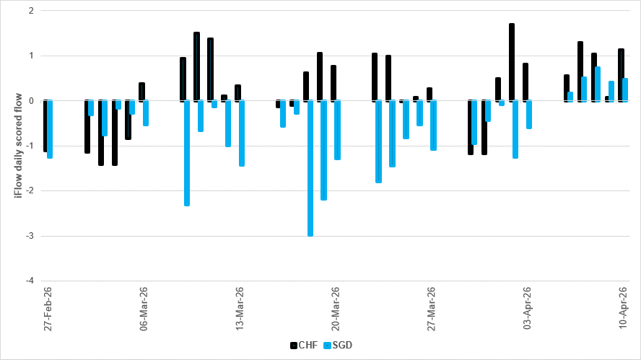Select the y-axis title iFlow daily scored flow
click(19, 146)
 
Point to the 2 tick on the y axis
click(30, 11)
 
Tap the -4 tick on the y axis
click(28, 281)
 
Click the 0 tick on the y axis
click(30, 101)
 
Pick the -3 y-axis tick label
click(28, 236)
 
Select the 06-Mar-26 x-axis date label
click(144, 309)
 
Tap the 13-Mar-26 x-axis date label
click(240, 309)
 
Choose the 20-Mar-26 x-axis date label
click(336, 309)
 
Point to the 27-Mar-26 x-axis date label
click(432, 309)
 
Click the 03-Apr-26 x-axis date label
click(528, 309)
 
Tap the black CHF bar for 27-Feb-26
click(45, 126)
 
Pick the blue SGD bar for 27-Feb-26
click(50, 129)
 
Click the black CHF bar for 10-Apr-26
click(621, 75)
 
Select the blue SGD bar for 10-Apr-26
click(625, 89)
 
